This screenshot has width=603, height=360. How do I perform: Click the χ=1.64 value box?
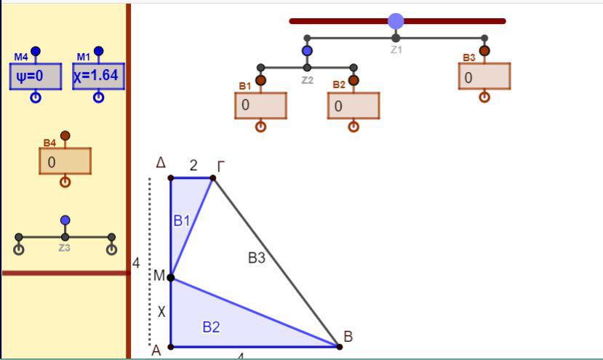pyautogui.click(x=98, y=76)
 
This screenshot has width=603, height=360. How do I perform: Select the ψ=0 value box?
pyautogui.click(x=36, y=76)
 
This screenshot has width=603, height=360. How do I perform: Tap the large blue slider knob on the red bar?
pyautogui.click(x=396, y=21)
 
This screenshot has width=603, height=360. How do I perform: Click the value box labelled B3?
pyautogui.click(x=484, y=76)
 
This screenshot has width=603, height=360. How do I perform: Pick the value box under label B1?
pyautogui.click(x=260, y=105)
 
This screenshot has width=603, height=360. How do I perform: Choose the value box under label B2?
pyautogui.click(x=354, y=105)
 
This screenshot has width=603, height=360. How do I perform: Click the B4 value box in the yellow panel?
pyautogui.click(x=65, y=161)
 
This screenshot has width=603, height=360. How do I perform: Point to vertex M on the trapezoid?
pyautogui.click(x=171, y=277)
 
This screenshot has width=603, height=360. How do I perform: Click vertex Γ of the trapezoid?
pyautogui.click(x=212, y=177)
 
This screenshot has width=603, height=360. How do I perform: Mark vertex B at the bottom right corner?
pyautogui.click(x=339, y=346)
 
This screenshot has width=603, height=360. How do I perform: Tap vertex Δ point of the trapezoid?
pyautogui.click(x=171, y=177)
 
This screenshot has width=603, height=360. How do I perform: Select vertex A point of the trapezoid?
pyautogui.click(x=171, y=346)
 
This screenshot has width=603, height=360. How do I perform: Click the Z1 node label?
pyautogui.click(x=396, y=49)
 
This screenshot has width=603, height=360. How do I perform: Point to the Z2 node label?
pyautogui.click(x=307, y=80)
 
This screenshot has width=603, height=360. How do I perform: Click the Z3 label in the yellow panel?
pyautogui.click(x=64, y=248)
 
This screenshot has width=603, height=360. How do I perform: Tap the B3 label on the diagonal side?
pyautogui.click(x=257, y=257)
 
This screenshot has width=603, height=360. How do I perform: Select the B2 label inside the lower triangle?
pyautogui.click(x=211, y=327)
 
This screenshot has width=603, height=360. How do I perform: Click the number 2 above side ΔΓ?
pyautogui.click(x=193, y=165)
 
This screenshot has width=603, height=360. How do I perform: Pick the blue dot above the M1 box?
pyautogui.click(x=98, y=51)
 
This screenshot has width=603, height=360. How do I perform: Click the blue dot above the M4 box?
pyautogui.click(x=36, y=51)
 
